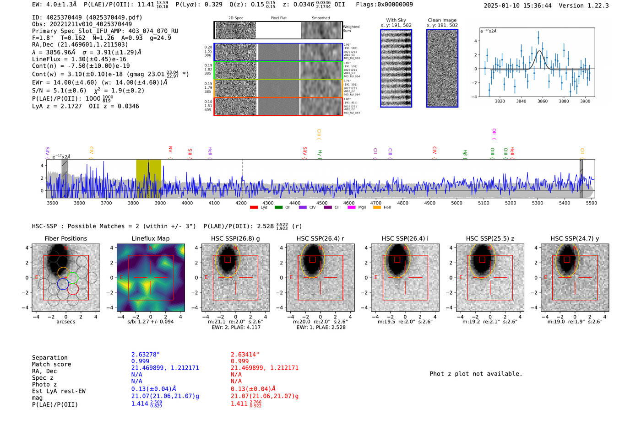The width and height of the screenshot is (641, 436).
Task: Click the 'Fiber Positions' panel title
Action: [65, 238]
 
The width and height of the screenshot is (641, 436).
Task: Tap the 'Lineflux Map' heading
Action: [151, 238]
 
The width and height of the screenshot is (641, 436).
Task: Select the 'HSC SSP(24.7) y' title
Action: [575, 238]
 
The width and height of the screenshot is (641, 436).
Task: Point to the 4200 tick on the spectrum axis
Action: [241, 203]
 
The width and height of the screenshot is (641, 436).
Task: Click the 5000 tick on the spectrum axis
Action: [456, 203]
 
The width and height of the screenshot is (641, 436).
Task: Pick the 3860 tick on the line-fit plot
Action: [543, 101]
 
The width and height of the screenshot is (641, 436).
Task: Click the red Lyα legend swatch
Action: [254, 208]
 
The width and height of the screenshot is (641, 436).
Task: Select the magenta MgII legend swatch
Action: [351, 208]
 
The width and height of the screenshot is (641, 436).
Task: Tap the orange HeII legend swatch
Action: [377, 208]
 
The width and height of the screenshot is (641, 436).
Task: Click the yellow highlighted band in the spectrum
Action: [148, 178]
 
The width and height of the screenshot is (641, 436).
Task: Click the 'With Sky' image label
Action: [396, 20]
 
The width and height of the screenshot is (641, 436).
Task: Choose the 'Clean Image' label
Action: [442, 20]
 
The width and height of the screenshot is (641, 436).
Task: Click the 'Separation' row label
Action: [49, 358]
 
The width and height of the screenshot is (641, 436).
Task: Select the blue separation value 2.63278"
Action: [145, 355]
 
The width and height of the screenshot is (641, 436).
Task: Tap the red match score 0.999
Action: [240, 361]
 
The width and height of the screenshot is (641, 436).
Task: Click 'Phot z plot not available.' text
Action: [476, 374]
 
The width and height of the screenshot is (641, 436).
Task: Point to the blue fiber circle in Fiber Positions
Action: [63, 285]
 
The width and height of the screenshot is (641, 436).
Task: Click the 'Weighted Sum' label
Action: [351, 29]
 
